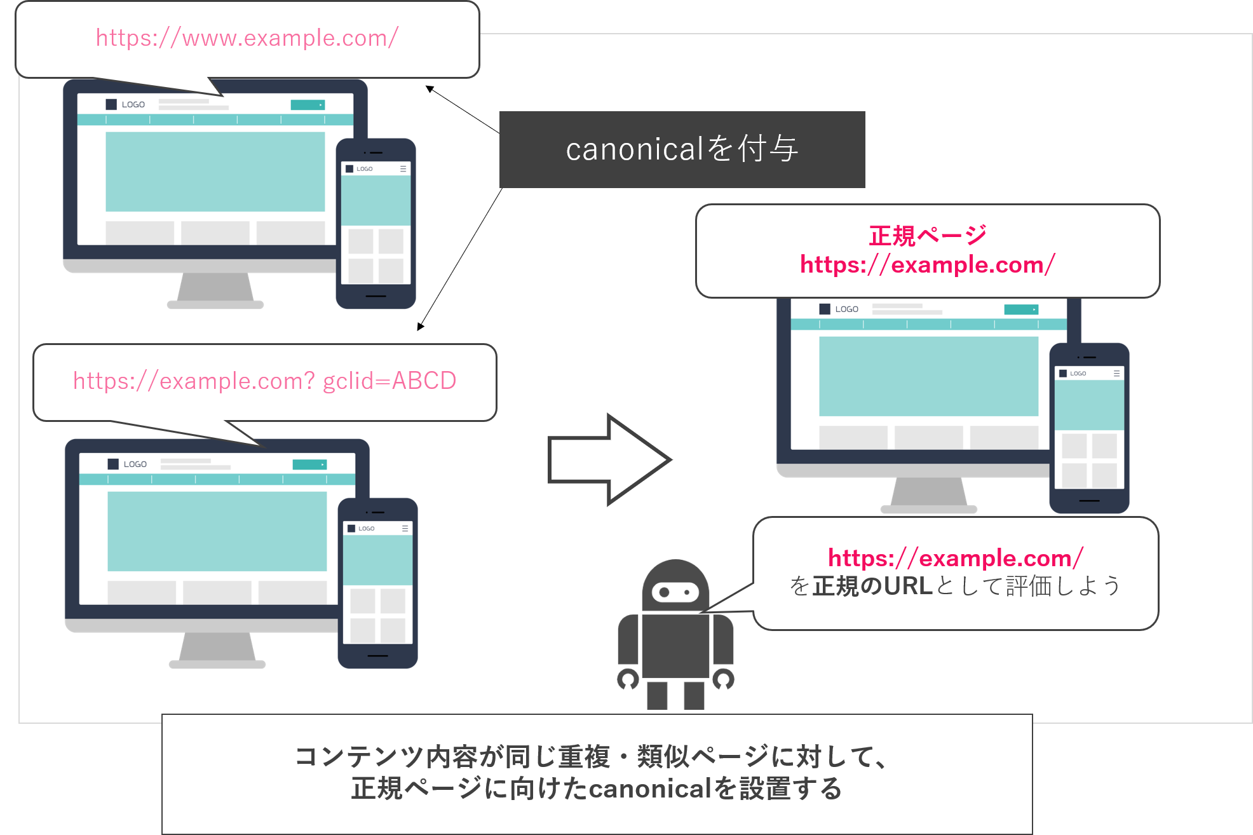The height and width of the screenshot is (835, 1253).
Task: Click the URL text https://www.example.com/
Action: [247, 38]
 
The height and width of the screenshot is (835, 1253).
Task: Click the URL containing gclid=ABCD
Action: [264, 381]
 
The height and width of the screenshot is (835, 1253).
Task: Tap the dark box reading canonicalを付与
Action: [682, 149]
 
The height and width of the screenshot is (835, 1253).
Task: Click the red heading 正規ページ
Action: [927, 236]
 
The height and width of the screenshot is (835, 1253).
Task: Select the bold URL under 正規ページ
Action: [927, 264]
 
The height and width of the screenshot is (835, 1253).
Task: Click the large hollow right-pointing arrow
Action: [609, 459]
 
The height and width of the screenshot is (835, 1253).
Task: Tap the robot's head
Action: [675, 586]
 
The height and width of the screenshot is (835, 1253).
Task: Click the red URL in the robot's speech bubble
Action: [955, 558]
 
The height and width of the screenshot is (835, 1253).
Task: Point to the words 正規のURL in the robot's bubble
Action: [872, 586]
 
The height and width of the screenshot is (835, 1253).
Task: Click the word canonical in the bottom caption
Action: [649, 789]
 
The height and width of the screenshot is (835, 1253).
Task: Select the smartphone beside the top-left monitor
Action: [376, 224]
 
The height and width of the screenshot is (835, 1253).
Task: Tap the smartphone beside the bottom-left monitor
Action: [377, 583]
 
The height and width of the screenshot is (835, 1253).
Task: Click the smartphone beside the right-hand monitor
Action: [1089, 428]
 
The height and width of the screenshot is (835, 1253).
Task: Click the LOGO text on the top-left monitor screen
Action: [133, 105]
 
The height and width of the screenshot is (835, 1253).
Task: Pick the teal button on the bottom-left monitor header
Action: [309, 465]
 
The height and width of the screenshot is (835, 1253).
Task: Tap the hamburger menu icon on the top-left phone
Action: [403, 169]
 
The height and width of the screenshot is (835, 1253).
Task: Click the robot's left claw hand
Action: [628, 679]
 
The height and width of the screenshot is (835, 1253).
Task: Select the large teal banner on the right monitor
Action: [928, 376]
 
